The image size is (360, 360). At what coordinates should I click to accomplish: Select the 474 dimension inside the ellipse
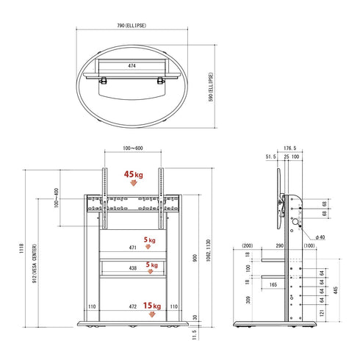tap(132, 66)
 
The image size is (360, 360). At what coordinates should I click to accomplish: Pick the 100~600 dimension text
tap(133, 150)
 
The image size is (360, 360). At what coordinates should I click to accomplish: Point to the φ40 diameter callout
tap(321, 237)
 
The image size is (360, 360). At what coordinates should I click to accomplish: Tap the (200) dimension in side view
tap(247, 247)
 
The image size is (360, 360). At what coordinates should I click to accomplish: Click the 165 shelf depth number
tap(273, 284)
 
